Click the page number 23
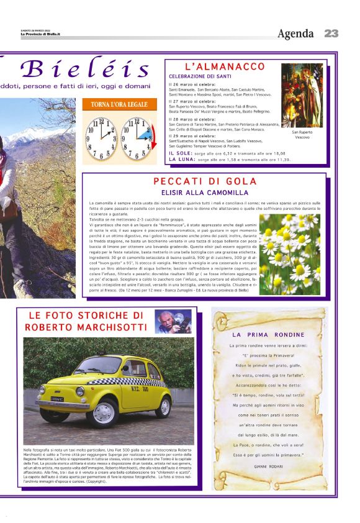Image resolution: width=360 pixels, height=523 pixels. [x=331, y=34]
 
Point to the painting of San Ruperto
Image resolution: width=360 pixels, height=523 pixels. [x=302, y=96]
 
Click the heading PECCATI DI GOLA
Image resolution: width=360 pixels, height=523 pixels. [x=204, y=181]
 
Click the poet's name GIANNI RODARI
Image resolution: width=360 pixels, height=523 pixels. [x=268, y=465]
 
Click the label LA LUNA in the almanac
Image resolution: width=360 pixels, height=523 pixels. [x=179, y=159]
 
